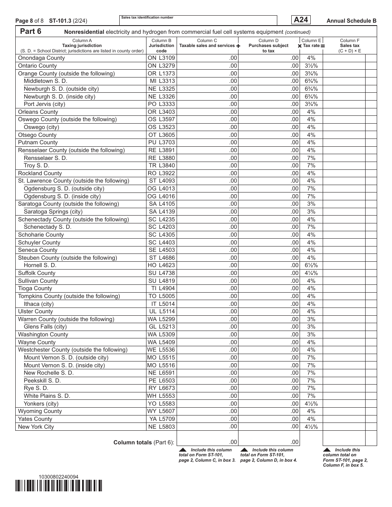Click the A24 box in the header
click(x=300, y=20)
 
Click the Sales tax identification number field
click(x=198, y=21)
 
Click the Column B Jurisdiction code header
click(x=161, y=45)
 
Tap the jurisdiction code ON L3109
click(x=161, y=58)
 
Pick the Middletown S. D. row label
click(x=45, y=81)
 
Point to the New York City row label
click(x=36, y=427)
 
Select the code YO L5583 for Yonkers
click(x=161, y=404)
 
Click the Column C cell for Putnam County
click(x=208, y=143)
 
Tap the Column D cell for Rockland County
click(x=269, y=174)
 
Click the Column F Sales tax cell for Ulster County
click(x=344, y=312)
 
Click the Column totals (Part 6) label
click(x=144, y=442)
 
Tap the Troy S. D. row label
click(x=36, y=166)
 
